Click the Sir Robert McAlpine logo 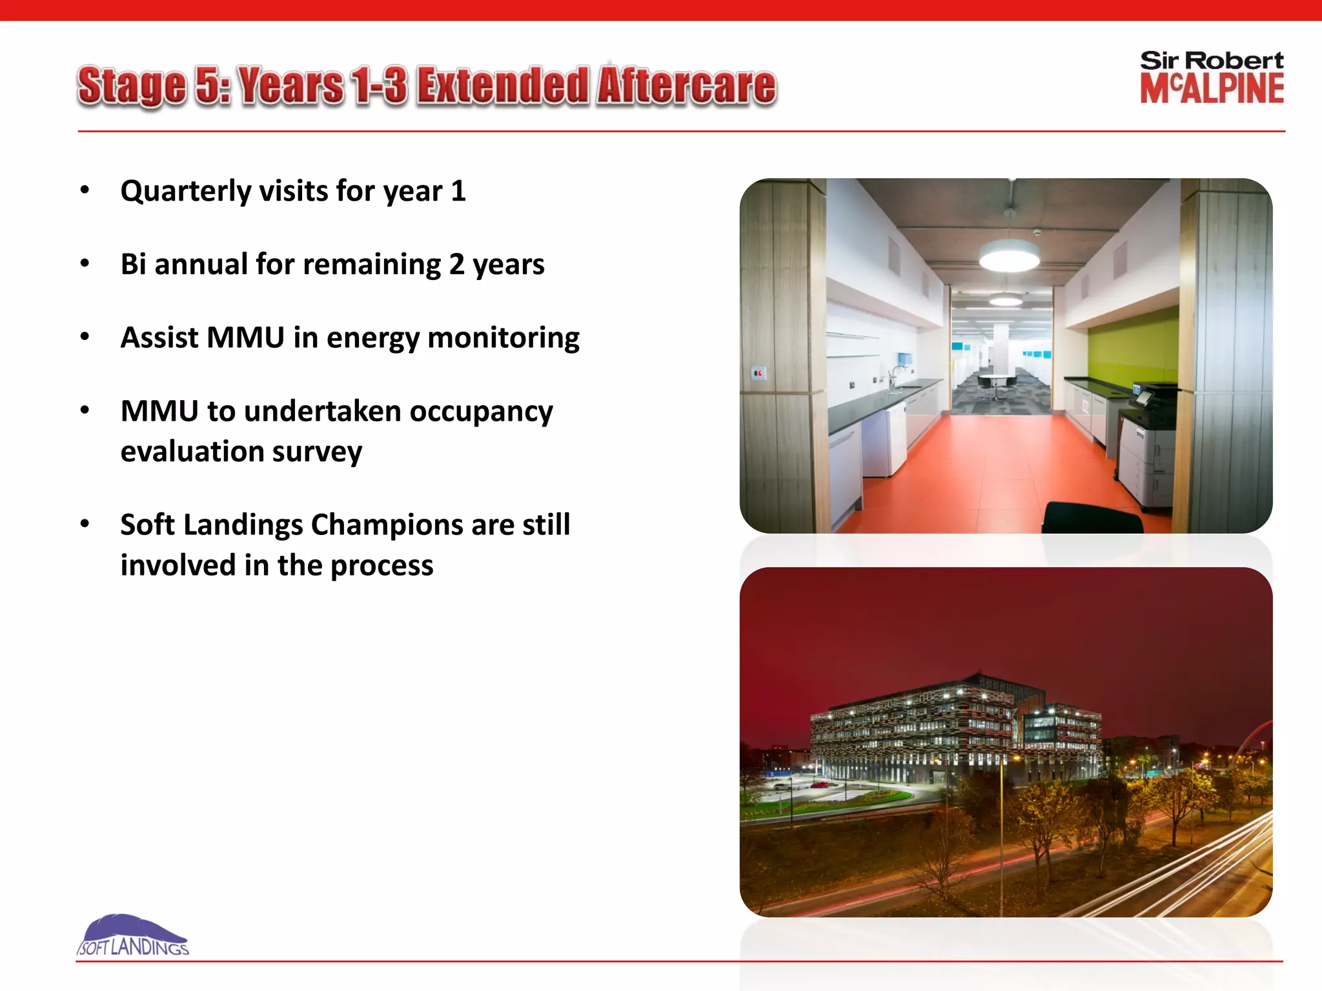pyautogui.click(x=1211, y=77)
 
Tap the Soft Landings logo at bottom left pyautogui.click(x=132, y=936)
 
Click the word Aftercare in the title pyautogui.click(x=686, y=86)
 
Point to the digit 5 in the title pyautogui.click(x=208, y=86)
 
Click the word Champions pyautogui.click(x=386, y=525)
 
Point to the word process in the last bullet pyautogui.click(x=381, y=566)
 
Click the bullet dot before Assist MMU pyautogui.click(x=85, y=337)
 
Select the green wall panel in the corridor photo pyautogui.click(x=1130, y=348)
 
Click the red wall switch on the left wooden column pyautogui.click(x=758, y=373)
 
